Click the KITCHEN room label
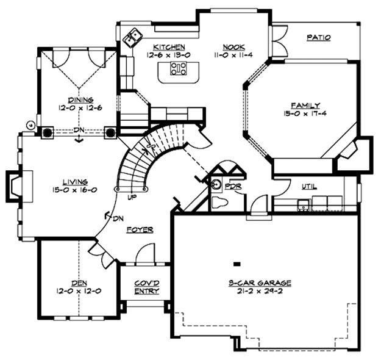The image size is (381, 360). [x=169, y=47]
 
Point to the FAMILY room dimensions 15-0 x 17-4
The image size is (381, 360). [x=305, y=113]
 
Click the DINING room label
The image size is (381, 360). [x=80, y=100]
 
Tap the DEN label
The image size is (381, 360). [x=78, y=283]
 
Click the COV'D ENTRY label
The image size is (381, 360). [x=147, y=287]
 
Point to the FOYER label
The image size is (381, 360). [x=140, y=229]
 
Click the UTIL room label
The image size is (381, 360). [x=308, y=187]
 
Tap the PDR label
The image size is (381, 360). [x=233, y=184]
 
